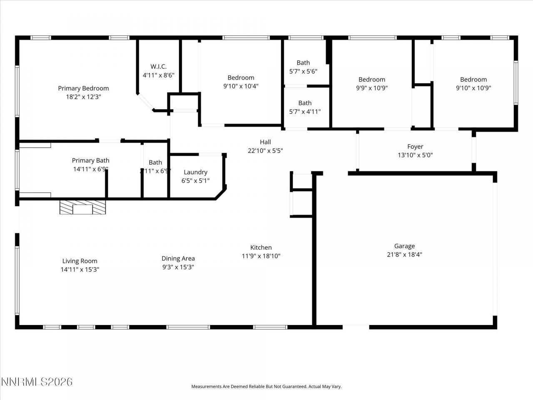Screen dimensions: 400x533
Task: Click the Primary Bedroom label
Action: pos(83,88)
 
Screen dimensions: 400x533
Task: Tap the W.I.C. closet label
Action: pos(158,67)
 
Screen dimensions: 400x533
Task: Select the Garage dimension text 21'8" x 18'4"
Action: pos(404,255)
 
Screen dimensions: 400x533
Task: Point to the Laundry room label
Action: pos(195,172)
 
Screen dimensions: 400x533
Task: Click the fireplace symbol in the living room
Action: pos(82,207)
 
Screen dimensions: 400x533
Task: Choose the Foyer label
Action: pos(415,147)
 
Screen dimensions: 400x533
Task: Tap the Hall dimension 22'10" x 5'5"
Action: pos(265,151)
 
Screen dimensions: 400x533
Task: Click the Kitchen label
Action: pos(261,247)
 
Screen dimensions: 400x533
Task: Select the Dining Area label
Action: pos(178,258)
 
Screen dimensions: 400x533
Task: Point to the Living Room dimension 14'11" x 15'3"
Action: pos(80,270)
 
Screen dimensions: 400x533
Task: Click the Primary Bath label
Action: pos(91,160)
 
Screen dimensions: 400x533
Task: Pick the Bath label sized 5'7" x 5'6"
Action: pos(303,63)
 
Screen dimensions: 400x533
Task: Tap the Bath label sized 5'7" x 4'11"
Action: pos(305,103)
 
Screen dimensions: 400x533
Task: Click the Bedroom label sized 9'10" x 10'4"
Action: pos(241,77)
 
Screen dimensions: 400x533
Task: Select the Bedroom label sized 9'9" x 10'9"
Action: pos(372,80)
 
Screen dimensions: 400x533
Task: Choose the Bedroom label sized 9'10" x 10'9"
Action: pos(473,80)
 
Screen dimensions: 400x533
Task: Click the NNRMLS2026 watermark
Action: pos(37,382)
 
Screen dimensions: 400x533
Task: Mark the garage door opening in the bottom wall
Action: pos(356,327)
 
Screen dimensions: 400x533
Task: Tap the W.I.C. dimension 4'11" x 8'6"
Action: pos(158,75)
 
